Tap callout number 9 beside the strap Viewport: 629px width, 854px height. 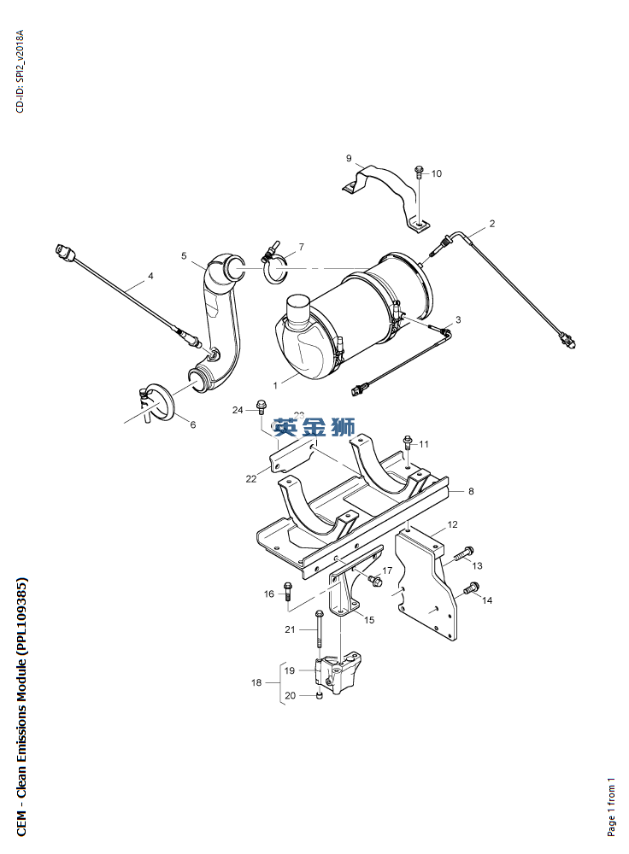[x=349, y=158]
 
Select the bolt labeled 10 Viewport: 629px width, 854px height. [x=420, y=171]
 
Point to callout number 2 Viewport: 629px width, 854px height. [x=492, y=225]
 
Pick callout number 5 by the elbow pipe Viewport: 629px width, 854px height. [x=183, y=254]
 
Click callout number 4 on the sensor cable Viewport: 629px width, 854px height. [x=150, y=276]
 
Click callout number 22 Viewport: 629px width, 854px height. [x=251, y=479]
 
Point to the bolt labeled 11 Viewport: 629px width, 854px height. [x=408, y=443]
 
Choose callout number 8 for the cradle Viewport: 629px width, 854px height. [x=471, y=491]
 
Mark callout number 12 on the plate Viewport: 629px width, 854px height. [x=453, y=524]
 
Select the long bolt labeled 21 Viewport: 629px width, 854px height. [x=319, y=630]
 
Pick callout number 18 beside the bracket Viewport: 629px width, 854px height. [x=256, y=682]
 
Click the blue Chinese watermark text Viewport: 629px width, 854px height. [x=314, y=426]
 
